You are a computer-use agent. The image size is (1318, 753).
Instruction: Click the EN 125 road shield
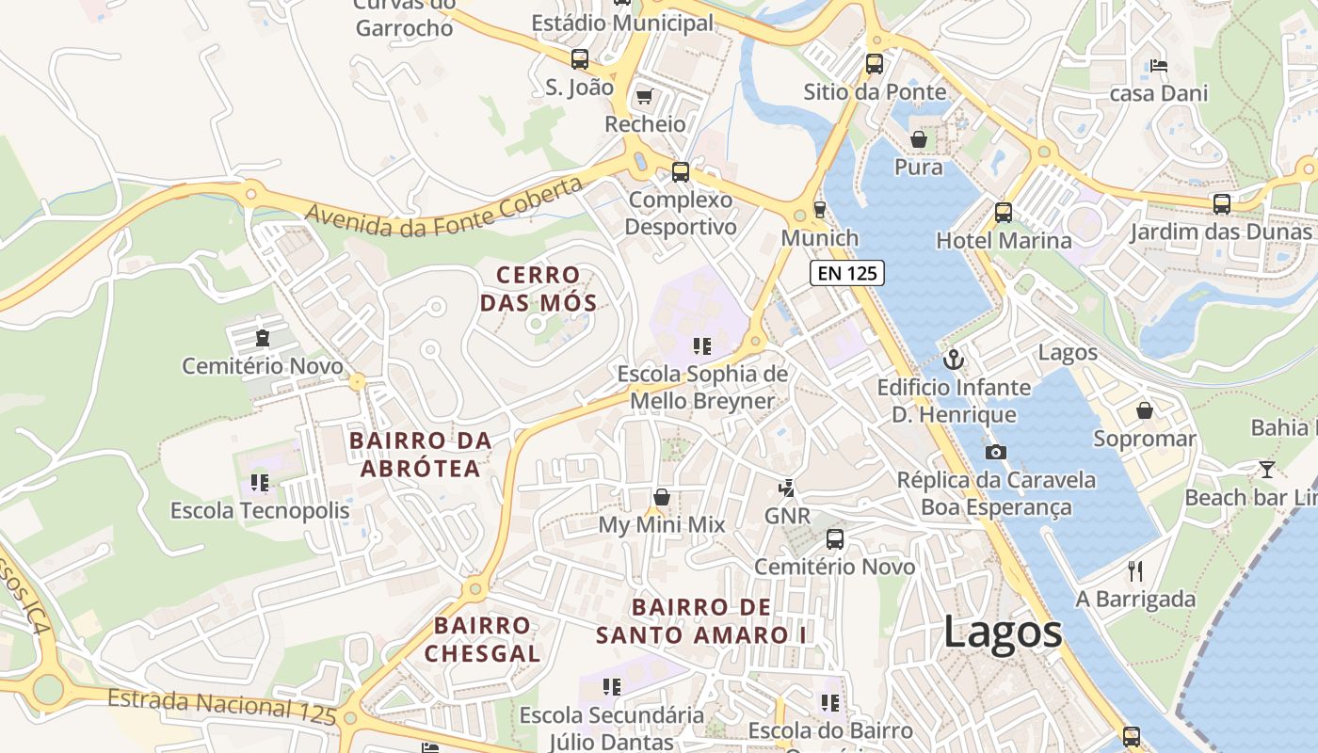point(847,274)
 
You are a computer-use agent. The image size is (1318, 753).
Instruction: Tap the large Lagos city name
point(1003,632)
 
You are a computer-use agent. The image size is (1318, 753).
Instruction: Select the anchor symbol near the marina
point(954,360)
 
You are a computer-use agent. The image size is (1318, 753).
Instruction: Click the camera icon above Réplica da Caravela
point(995,452)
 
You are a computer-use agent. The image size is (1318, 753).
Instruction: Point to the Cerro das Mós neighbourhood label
point(538,289)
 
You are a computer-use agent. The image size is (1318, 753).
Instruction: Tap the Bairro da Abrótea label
point(420,454)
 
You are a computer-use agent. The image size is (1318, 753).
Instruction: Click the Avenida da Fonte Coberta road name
point(444,210)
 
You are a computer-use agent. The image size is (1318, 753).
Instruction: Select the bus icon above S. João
point(580,59)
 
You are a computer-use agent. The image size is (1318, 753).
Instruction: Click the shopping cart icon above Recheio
point(645,96)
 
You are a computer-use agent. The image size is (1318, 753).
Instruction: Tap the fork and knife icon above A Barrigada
point(1135,570)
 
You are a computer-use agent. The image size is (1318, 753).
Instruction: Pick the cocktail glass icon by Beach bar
point(1267,469)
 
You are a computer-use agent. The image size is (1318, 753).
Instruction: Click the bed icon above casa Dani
point(1159,66)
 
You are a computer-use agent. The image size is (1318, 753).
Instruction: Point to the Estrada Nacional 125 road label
point(221,706)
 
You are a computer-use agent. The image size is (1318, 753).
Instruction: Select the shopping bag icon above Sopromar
point(1145,410)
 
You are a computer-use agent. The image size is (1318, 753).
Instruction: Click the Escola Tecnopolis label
point(260,510)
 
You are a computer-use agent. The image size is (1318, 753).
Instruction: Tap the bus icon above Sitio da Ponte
point(875,64)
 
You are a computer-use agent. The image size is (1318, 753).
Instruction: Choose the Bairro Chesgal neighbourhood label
point(482,639)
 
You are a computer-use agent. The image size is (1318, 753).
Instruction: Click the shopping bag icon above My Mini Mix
point(662,497)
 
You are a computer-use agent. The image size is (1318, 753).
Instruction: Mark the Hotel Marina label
point(1004,240)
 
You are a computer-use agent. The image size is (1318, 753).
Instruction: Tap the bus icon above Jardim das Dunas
point(1221,203)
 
